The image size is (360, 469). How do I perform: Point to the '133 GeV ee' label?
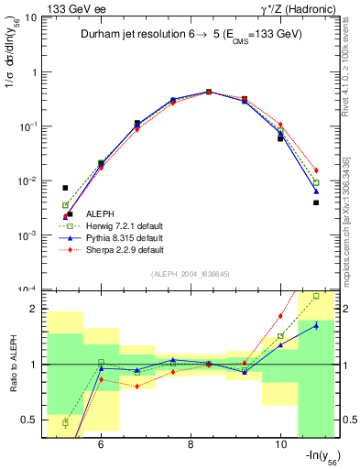click(x=68, y=8)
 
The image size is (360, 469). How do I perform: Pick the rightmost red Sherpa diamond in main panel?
click(x=316, y=170)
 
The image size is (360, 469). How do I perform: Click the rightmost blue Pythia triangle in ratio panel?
click(x=316, y=325)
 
